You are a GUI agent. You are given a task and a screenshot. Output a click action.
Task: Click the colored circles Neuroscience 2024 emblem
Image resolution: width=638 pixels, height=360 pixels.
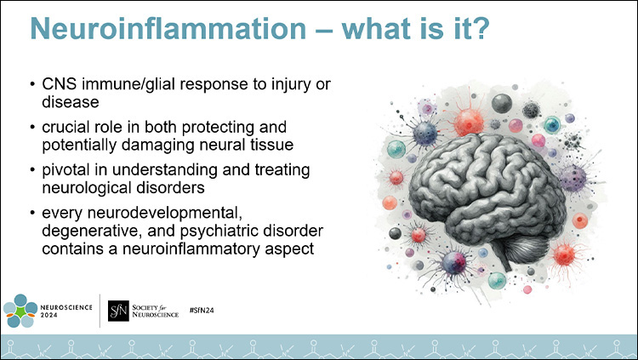[21, 310]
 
